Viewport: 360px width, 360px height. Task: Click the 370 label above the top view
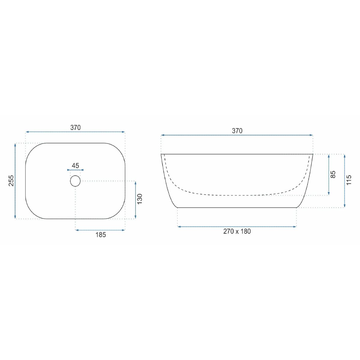pos(75,127)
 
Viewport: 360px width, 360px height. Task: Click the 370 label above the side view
pos(237,131)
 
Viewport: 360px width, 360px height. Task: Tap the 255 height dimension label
pos(11,181)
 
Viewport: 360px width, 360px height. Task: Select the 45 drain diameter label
pos(75,166)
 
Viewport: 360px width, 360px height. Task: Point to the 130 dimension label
pos(140,199)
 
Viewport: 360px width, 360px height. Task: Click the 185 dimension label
pos(101,235)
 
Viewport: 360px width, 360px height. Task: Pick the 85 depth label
pos(333,174)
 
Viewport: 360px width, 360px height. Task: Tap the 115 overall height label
pos(349,180)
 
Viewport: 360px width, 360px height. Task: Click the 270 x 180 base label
pos(237,232)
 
